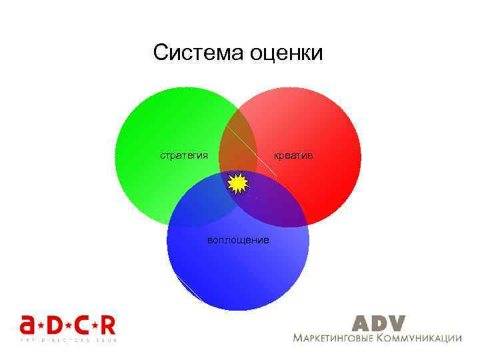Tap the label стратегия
tap(183, 155)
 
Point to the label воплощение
tap(238, 239)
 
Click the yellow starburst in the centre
tap(237, 183)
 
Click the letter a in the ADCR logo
tap(29, 325)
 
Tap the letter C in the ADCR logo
tap(81, 325)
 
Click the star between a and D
tap(42, 325)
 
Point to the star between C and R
tap(94, 325)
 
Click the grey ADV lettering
tap(378, 323)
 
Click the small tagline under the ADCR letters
tap(67, 340)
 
